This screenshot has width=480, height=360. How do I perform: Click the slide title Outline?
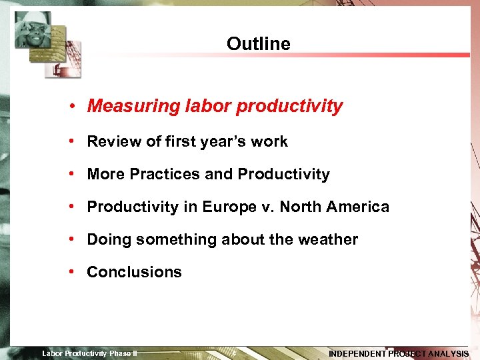tap(259, 44)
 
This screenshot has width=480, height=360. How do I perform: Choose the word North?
tap(300, 207)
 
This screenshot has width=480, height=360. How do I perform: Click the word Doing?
tap(107, 239)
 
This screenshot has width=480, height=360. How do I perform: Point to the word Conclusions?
tap(134, 272)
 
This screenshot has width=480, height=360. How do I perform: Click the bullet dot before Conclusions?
tap(79, 272)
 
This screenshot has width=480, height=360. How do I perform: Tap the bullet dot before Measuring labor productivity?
tap(79, 106)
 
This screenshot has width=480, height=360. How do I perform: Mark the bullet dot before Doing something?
tap(79, 239)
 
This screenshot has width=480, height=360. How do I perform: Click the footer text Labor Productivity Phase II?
tap(89, 353)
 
